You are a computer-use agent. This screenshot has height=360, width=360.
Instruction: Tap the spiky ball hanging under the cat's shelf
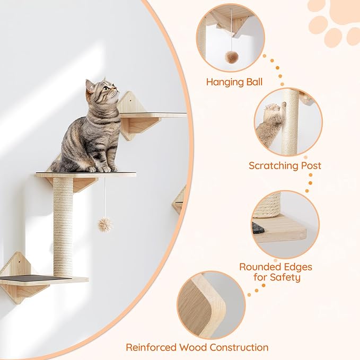tap(105, 224)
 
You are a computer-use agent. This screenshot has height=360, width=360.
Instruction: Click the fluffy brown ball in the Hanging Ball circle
tap(231, 56)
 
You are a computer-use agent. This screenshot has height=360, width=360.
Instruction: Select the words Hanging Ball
tap(234, 82)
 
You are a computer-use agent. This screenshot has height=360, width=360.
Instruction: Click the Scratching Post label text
tap(285, 165)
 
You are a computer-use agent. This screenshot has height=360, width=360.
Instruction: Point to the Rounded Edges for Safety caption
tap(275, 271)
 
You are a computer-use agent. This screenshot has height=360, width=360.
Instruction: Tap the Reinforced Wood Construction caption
tap(197, 347)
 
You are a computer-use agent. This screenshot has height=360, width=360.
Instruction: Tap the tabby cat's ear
tap(90, 85)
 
